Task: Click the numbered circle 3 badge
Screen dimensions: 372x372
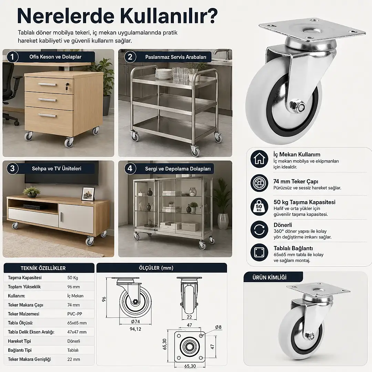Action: pyautogui.click(x=12, y=168)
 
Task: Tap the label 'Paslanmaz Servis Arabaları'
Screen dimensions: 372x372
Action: pyautogui.click(x=176, y=57)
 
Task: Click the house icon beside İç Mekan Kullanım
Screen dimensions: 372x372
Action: pyautogui.click(x=259, y=159)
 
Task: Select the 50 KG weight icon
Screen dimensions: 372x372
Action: pyautogui.click(x=259, y=207)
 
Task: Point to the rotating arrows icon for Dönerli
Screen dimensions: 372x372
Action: pyautogui.click(x=259, y=230)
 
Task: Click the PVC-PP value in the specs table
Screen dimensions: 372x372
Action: pyautogui.click(x=75, y=314)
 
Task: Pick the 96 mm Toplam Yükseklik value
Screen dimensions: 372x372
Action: pyautogui.click(x=74, y=287)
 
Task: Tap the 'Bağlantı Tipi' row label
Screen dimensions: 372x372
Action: pyautogui.click(x=20, y=350)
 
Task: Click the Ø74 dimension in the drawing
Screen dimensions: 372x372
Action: pyautogui.click(x=135, y=322)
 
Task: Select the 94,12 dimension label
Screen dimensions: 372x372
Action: pyautogui.click(x=135, y=329)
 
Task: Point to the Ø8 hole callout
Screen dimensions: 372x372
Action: pyautogui.click(x=218, y=327)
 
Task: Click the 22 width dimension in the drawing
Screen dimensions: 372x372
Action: pyautogui.click(x=189, y=317)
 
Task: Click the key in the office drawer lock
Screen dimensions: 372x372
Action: pyautogui.click(x=67, y=87)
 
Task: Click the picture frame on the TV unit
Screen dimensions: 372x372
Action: pyautogui.click(x=88, y=194)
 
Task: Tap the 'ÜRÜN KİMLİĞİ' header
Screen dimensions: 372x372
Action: pyautogui.click(x=269, y=277)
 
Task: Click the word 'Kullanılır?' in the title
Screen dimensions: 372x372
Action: pyautogui.click(x=169, y=16)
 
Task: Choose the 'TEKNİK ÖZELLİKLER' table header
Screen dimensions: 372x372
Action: pyautogui.click(x=43, y=268)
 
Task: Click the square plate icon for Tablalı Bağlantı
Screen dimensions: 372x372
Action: pyautogui.click(x=259, y=252)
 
